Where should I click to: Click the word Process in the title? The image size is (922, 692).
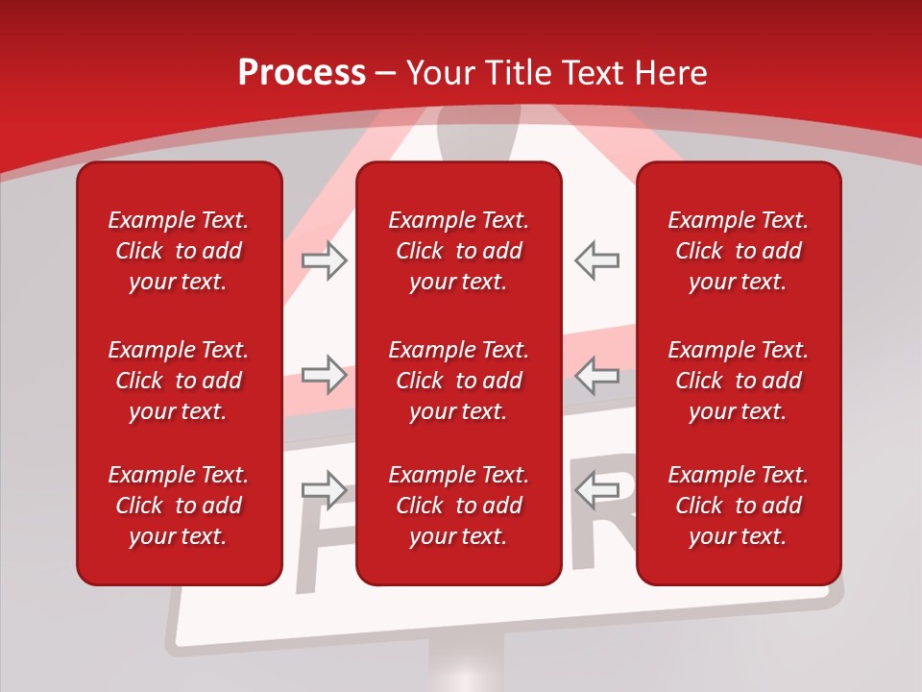click(x=302, y=73)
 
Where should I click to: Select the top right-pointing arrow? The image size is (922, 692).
click(x=325, y=260)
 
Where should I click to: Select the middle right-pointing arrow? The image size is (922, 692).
click(x=325, y=374)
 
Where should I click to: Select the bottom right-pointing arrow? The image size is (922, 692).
click(x=325, y=490)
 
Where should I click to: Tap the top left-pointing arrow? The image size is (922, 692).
click(x=597, y=260)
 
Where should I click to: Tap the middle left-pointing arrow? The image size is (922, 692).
click(x=597, y=374)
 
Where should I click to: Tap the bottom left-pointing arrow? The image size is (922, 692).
click(x=597, y=490)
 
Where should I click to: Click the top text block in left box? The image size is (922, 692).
click(x=179, y=251)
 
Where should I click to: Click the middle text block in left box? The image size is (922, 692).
click(x=179, y=381)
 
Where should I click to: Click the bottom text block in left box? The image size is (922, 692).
click(x=179, y=506)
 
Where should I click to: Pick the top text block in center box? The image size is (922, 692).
click(x=458, y=251)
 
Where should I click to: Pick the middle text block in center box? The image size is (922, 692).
click(x=458, y=381)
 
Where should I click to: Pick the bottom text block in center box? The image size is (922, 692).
click(x=458, y=506)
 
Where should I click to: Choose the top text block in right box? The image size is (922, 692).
click(x=738, y=251)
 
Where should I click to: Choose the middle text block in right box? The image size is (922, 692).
click(x=738, y=381)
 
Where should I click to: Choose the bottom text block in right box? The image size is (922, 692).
click(x=738, y=506)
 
